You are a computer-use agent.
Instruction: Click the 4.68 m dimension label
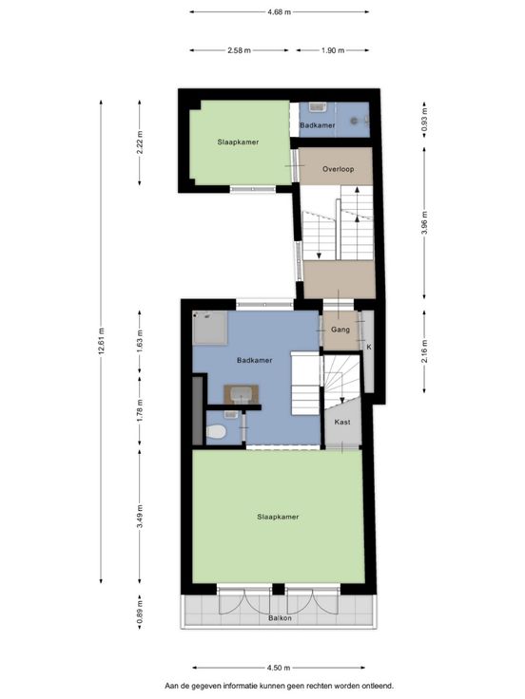point(279,12)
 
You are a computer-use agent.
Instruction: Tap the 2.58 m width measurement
point(239,50)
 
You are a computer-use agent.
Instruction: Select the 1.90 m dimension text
point(333,50)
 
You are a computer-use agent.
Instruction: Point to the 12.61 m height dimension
point(101,342)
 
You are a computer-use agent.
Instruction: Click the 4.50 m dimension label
point(279,668)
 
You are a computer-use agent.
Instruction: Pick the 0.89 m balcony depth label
point(140,612)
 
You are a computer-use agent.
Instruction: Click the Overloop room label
point(338,169)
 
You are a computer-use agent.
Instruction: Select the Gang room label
point(340,330)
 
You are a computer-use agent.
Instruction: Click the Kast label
point(342,422)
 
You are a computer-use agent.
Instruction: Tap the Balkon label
point(280,618)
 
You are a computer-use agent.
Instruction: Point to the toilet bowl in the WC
point(217,431)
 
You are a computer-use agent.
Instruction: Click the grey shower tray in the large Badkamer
point(210,328)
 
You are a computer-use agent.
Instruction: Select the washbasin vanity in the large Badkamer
point(241,394)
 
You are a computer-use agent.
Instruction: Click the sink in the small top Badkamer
point(318,107)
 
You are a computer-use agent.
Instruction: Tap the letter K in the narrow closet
point(369,347)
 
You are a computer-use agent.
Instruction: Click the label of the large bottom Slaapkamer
point(278,517)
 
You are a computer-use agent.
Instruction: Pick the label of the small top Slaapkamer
point(238,142)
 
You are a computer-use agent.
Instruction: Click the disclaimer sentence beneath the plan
point(280,686)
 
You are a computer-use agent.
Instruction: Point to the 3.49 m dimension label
point(140,517)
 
